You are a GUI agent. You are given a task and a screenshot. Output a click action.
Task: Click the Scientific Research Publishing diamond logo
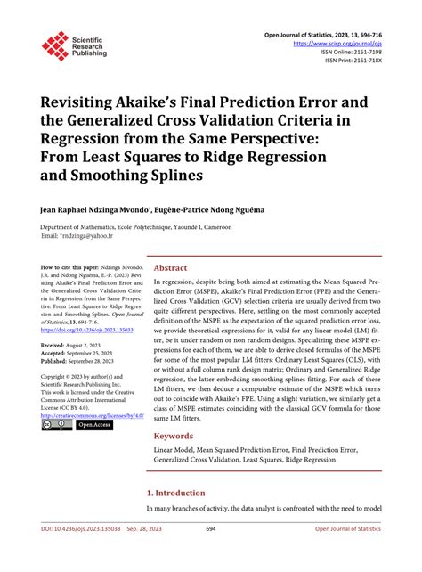pyautogui.click(x=55, y=46)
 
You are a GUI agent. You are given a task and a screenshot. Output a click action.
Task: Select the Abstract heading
pyautogui.click(x=171, y=268)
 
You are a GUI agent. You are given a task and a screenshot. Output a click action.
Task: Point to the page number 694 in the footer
pyautogui.click(x=211, y=554)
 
